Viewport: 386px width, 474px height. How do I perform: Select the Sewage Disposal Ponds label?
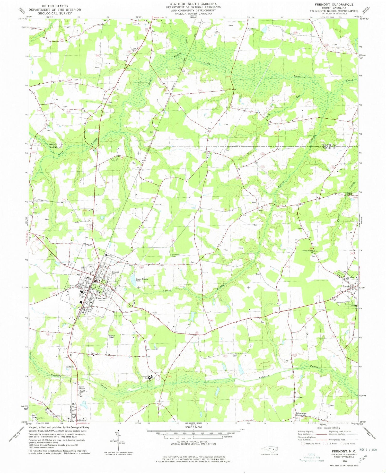click(x=142, y=280)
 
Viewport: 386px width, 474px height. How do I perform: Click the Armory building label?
click(x=110, y=256)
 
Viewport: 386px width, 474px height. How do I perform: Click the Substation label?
click(x=69, y=367)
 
